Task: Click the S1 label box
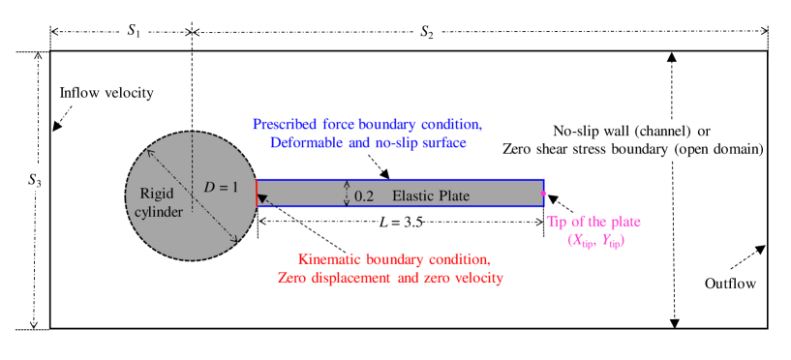click(x=134, y=30)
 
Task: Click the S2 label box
click(x=426, y=31)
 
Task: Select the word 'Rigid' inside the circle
click(x=150, y=193)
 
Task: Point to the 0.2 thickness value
click(x=364, y=195)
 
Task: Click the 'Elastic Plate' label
click(x=430, y=195)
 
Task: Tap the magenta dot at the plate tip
click(x=543, y=194)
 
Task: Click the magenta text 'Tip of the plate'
click(x=593, y=222)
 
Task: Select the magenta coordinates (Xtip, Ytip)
click(x=595, y=241)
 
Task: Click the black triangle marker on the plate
click(x=262, y=198)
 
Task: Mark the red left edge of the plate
click(x=257, y=193)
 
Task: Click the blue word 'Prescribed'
click(x=286, y=125)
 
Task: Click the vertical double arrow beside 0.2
click(x=346, y=194)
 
